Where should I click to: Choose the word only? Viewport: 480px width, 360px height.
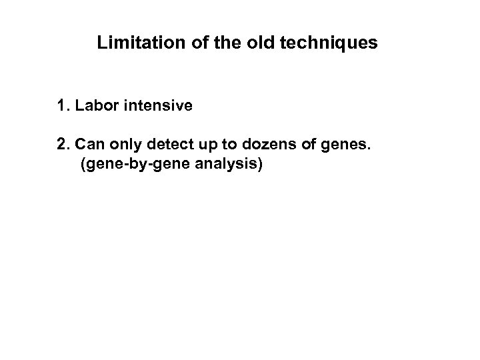pyautogui.click(x=119, y=145)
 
